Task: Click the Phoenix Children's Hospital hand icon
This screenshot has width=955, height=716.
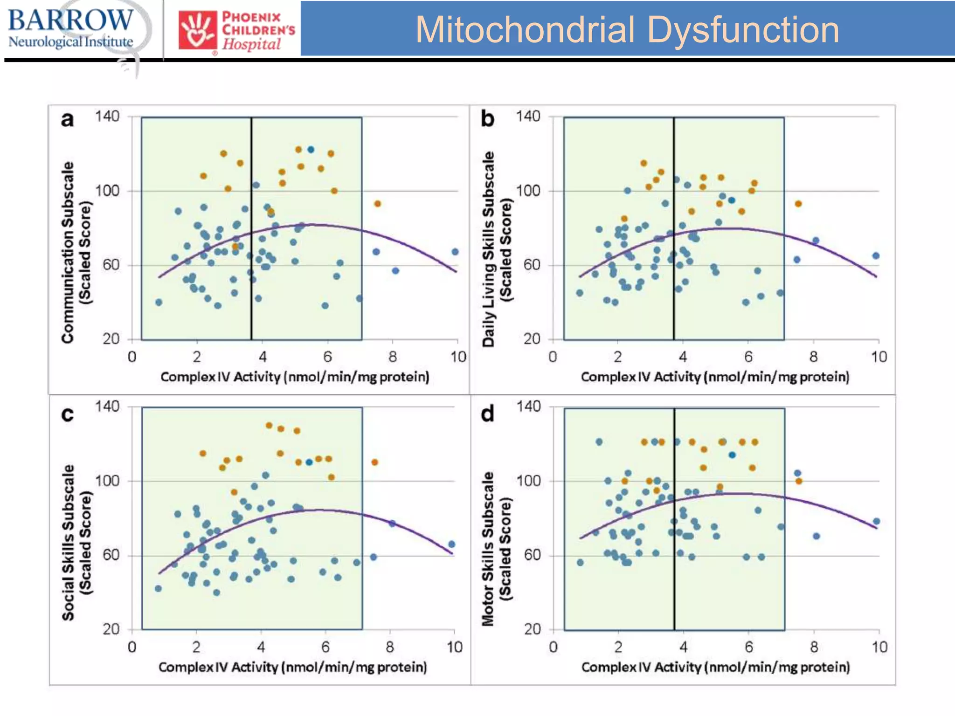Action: coord(198,30)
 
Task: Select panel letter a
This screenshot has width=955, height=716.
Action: coord(67,120)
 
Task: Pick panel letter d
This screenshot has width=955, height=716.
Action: coord(487,414)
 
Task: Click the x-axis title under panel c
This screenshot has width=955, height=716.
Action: coord(293,667)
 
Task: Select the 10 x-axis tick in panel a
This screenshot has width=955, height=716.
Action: coord(458,357)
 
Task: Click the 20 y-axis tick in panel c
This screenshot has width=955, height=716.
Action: coord(111,629)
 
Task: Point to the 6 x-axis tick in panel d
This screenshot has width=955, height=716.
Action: coord(749,647)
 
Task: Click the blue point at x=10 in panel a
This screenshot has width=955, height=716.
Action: coord(455,252)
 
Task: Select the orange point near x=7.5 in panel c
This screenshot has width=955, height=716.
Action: coord(374,462)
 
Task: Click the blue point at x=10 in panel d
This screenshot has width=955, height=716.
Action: coord(876,522)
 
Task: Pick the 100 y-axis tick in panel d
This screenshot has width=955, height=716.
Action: coord(529,481)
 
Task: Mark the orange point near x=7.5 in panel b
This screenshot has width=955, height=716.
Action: coord(798,204)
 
